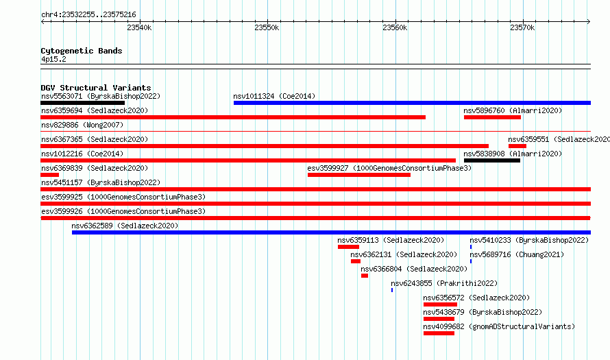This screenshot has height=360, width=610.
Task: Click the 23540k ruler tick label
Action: (139, 27)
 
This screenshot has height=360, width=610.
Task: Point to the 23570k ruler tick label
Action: (522, 27)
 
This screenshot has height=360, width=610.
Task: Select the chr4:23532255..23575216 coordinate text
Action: (88, 15)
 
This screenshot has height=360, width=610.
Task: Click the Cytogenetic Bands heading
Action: (82, 51)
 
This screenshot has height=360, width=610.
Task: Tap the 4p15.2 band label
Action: (53, 59)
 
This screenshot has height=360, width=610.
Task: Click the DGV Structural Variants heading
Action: (96, 88)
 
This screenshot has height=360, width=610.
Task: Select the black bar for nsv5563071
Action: (82, 103)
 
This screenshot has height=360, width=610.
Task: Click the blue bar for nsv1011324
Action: (412, 103)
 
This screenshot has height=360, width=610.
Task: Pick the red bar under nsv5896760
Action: (492, 117)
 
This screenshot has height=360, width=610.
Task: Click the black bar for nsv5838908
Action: (491, 160)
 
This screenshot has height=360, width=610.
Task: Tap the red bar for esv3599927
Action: (358, 175)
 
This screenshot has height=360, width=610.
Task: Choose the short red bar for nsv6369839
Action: (49, 175)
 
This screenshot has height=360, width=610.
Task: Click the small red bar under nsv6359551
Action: (517, 146)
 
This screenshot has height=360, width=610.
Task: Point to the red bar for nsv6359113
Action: (348, 247)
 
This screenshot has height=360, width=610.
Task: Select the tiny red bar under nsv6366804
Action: (365, 276)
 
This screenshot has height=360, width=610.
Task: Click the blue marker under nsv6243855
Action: (392, 290)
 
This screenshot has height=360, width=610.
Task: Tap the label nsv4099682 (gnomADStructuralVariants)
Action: (499, 326)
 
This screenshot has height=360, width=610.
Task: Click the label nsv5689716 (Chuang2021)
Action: (517, 254)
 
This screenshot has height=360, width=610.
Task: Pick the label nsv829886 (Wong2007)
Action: (82, 125)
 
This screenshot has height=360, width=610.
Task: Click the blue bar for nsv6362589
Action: (331, 232)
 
